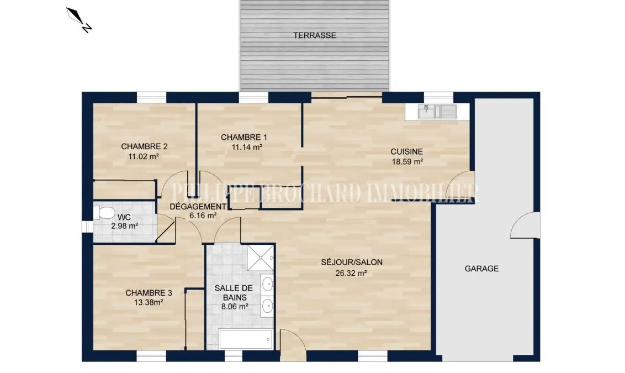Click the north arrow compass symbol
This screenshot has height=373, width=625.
point(79,20)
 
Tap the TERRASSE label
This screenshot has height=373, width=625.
point(315,35)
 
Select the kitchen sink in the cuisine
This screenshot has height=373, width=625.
point(437,112)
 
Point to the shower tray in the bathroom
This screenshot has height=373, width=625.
point(261,258)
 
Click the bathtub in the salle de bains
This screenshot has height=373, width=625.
point(246,339)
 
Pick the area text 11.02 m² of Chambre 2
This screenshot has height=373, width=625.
point(144,156)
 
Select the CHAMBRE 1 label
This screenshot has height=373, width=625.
point(244,137)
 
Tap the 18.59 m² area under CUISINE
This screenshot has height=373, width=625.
point(407,161)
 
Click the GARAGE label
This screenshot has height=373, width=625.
point(481,269)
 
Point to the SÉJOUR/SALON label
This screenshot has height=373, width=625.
point(352,262)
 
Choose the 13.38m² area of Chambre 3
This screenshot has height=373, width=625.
point(149,302)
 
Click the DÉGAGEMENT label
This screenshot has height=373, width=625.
point(198,206)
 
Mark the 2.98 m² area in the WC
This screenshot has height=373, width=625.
point(125,226)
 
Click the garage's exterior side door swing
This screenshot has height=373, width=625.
point(525,225)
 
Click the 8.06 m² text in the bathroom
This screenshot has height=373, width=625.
point(235,307)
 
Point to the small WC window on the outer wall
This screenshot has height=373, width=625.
point(87,227)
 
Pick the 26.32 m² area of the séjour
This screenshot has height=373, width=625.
point(351,274)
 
